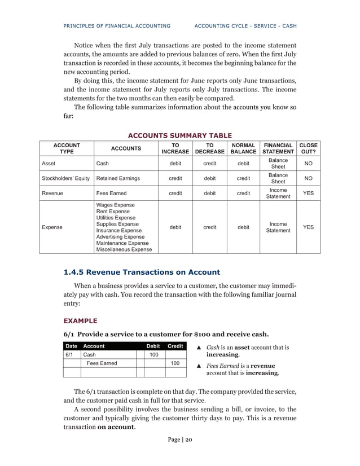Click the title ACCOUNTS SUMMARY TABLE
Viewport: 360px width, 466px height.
point(180,135)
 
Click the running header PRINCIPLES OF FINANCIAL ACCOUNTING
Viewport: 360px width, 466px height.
point(117,26)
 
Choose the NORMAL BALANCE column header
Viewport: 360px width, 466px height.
point(243,148)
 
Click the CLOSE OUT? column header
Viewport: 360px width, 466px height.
point(309,148)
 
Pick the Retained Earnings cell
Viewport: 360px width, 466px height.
point(118,178)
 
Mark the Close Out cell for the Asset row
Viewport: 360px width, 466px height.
point(309,164)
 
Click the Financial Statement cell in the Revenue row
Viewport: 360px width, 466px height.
point(279,193)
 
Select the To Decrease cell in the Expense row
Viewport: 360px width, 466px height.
point(209,227)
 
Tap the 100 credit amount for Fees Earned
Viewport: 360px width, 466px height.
point(175,363)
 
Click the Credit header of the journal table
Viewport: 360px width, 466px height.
point(175,346)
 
